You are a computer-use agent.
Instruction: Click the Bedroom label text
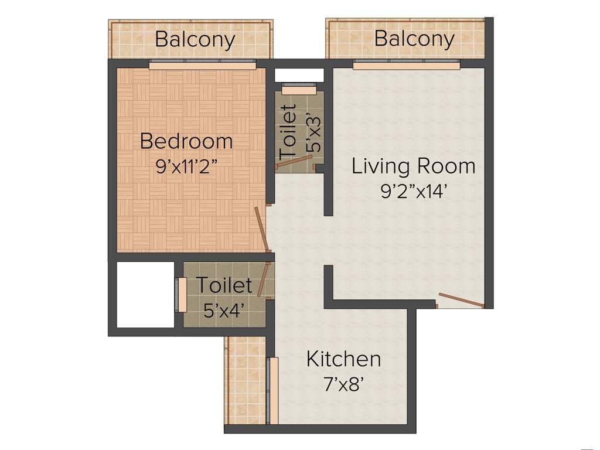(186, 141)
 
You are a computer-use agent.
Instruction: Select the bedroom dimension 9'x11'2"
(186, 166)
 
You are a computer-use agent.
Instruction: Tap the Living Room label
(413, 166)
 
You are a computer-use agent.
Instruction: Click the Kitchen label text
(343, 359)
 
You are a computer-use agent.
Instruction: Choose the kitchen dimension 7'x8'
(344, 384)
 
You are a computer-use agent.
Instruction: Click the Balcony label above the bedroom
(195, 40)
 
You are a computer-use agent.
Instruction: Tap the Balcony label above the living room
(414, 39)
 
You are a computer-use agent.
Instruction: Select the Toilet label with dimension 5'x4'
(224, 285)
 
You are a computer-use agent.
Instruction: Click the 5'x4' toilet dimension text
(224, 310)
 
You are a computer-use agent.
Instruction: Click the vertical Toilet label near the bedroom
(288, 132)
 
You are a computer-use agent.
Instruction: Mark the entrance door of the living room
(461, 300)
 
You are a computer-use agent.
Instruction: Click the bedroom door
(261, 229)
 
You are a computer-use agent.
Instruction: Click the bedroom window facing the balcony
(202, 66)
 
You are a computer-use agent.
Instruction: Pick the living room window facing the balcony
(406, 66)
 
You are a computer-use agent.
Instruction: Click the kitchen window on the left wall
(272, 390)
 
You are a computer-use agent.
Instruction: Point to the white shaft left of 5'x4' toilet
(145, 294)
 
